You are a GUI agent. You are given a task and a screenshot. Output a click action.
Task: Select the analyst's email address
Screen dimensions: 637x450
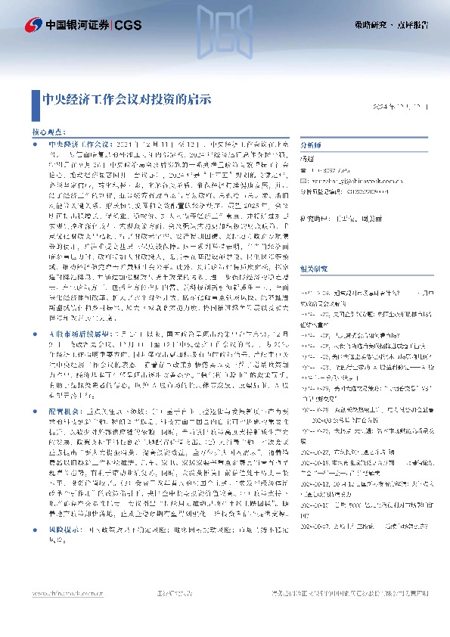349,182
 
